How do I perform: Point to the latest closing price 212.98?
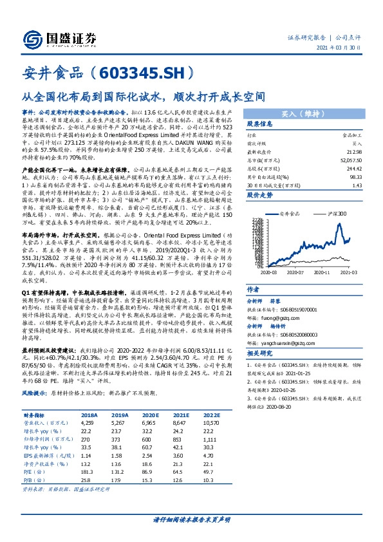coord(350,150)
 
